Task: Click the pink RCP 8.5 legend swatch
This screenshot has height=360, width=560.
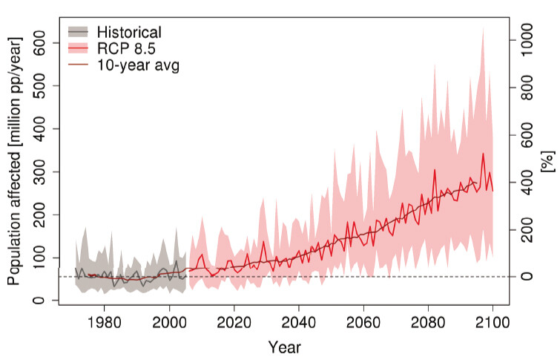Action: [x=78, y=48]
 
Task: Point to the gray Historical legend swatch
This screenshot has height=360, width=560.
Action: [x=78, y=31]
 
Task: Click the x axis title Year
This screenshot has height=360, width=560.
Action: [x=285, y=346]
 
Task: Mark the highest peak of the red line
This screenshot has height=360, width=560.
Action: [x=483, y=154]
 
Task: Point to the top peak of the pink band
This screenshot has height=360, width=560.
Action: [x=483, y=27]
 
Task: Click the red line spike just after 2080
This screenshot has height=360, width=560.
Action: [x=435, y=170]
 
